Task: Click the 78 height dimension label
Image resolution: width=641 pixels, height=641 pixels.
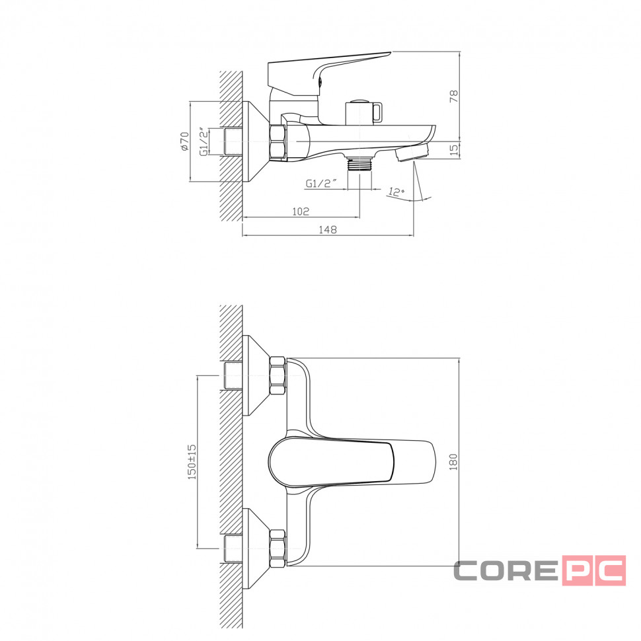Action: (454, 96)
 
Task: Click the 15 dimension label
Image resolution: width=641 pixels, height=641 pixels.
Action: (454, 150)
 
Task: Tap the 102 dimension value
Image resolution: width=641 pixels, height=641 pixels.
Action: (301, 211)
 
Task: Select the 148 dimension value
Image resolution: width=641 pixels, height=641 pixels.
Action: (328, 230)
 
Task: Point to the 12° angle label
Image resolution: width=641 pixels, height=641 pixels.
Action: (396, 192)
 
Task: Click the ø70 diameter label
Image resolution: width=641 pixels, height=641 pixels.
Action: (184, 141)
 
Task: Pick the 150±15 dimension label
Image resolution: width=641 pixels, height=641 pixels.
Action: (192, 462)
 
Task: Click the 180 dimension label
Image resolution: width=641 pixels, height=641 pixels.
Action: (453, 461)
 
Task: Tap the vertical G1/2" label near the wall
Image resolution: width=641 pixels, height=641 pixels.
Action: (204, 141)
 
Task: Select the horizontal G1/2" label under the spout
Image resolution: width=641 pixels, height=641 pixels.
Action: (321, 183)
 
